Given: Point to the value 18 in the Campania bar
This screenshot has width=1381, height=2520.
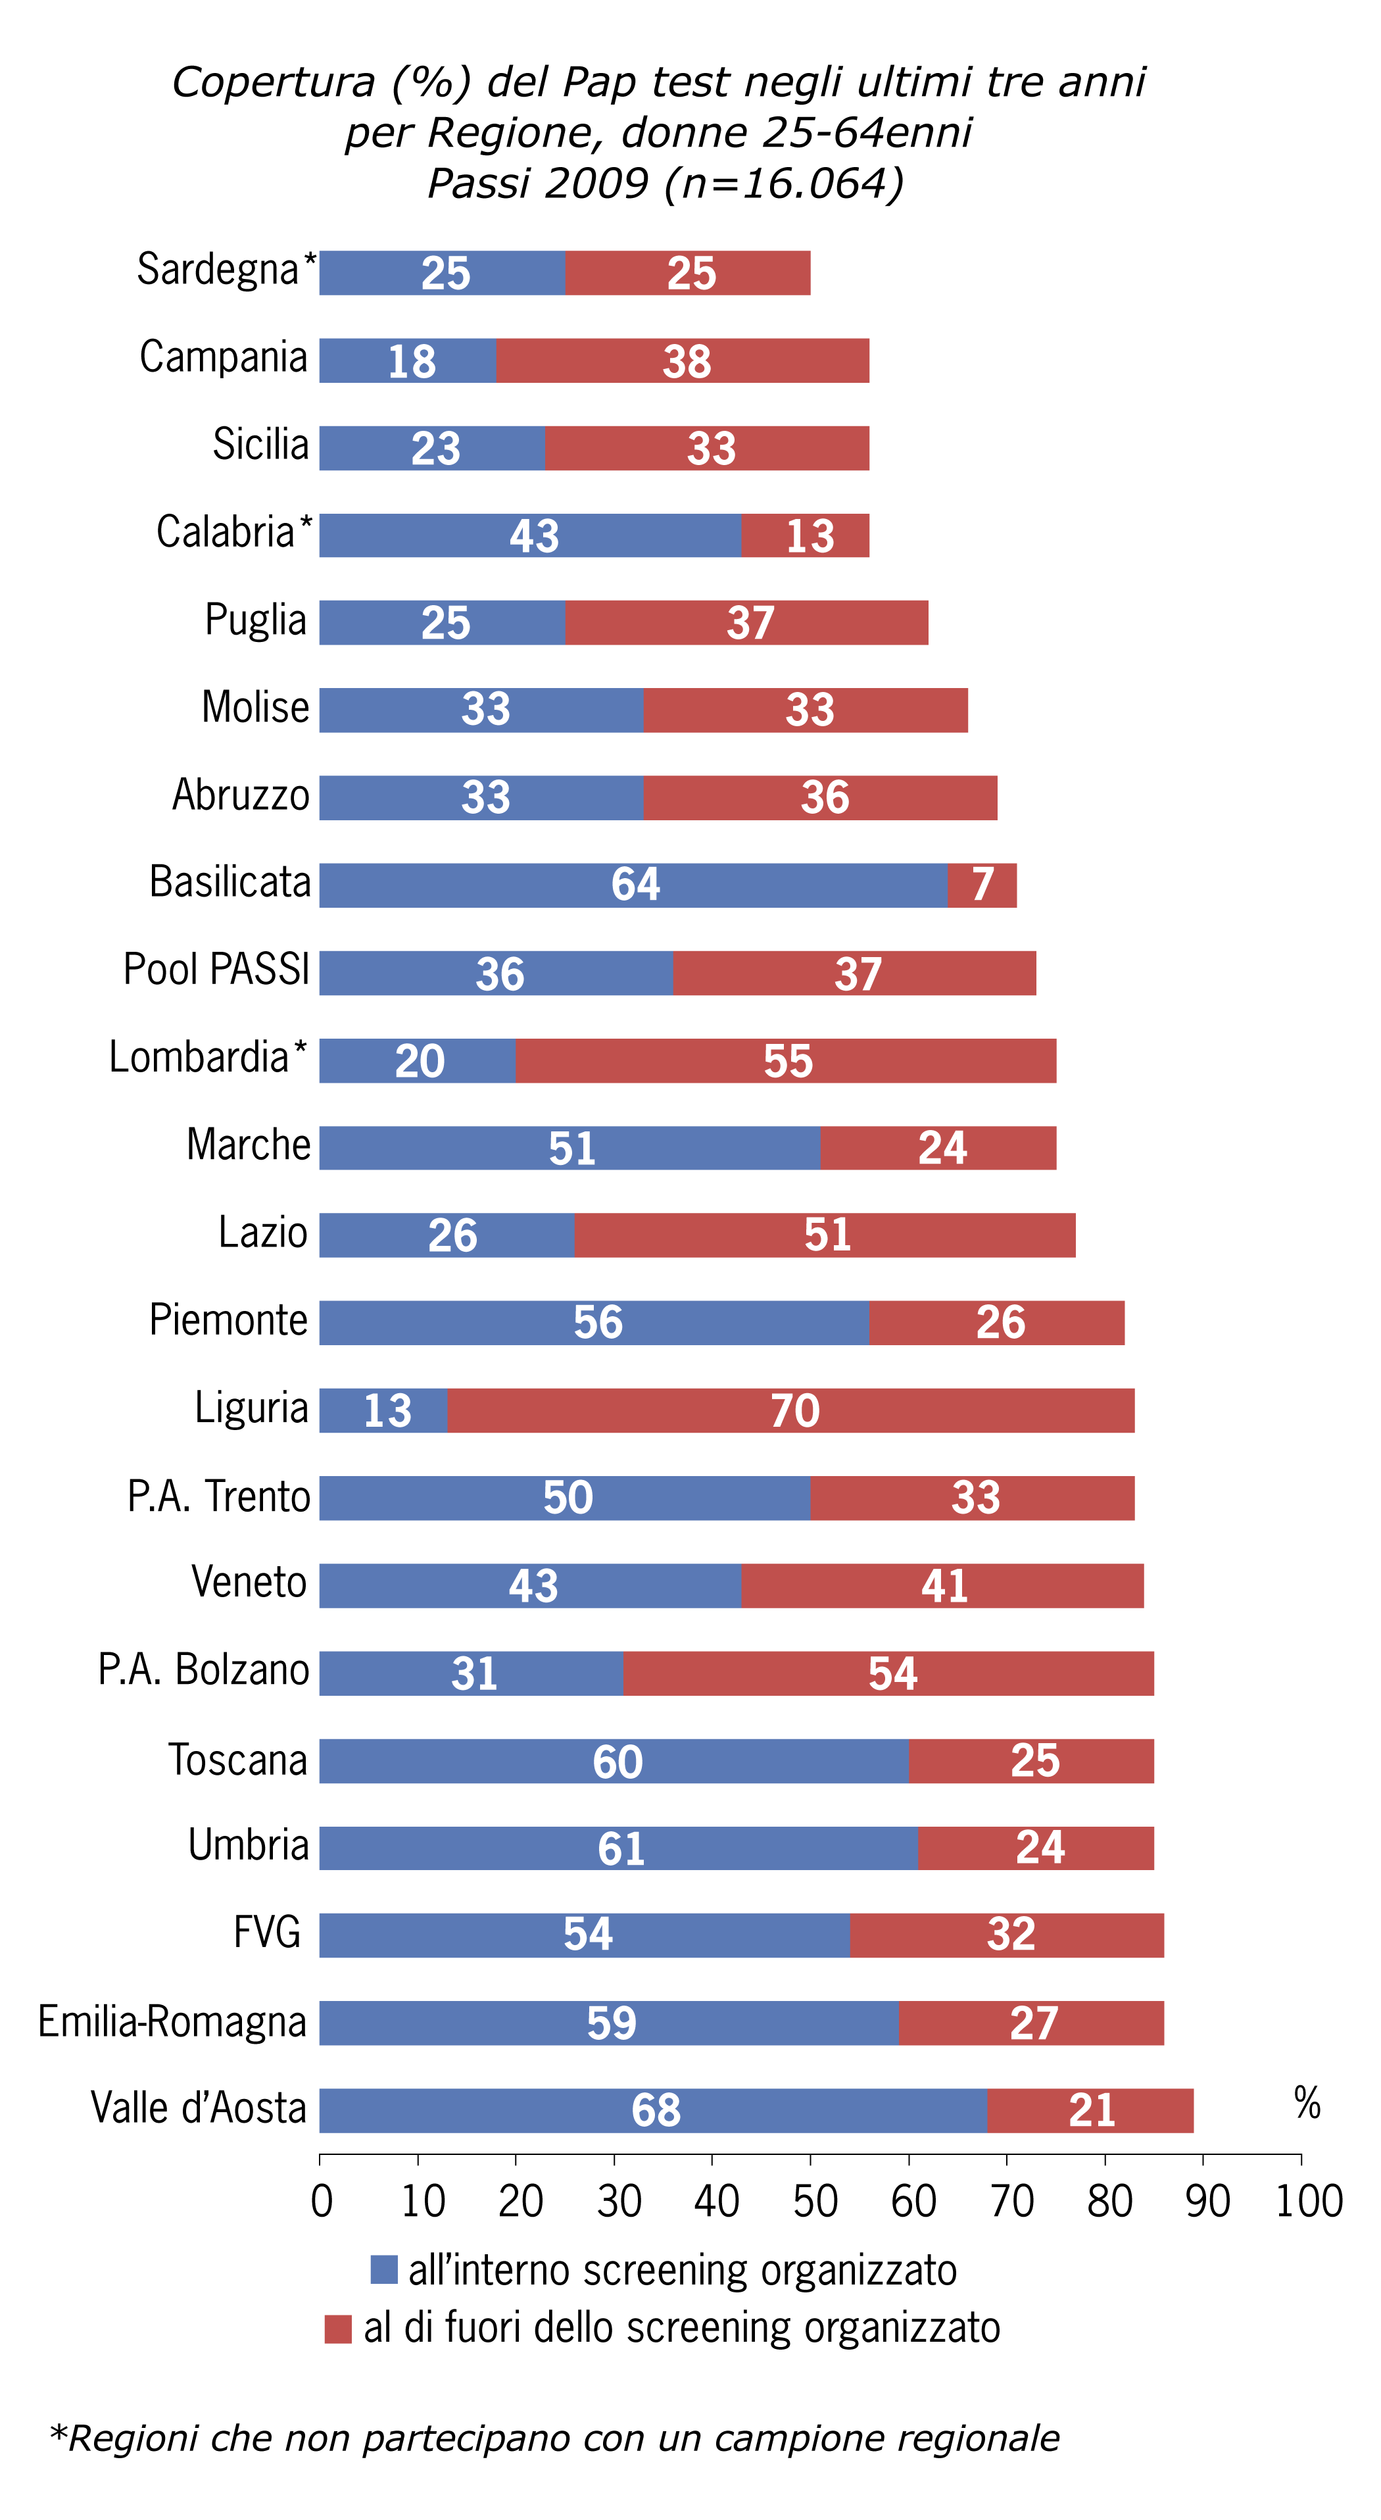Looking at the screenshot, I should pyautogui.click(x=412, y=361).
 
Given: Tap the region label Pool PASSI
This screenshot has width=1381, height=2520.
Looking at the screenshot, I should pyautogui.click(x=216, y=970).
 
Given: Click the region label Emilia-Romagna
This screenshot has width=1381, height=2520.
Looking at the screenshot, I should pyautogui.click(x=172, y=2021).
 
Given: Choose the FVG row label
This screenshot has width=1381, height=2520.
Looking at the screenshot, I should pyautogui.click(x=267, y=1933).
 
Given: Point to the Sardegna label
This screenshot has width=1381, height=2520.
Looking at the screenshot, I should pyautogui.click(x=217, y=269).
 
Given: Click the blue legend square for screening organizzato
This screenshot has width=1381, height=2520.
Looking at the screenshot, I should pyautogui.click(x=383, y=2269).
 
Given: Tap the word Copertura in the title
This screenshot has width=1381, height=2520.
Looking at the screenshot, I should pyautogui.click(x=274, y=82).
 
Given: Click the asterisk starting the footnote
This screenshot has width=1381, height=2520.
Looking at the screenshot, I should pyautogui.click(x=59, y=2435).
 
